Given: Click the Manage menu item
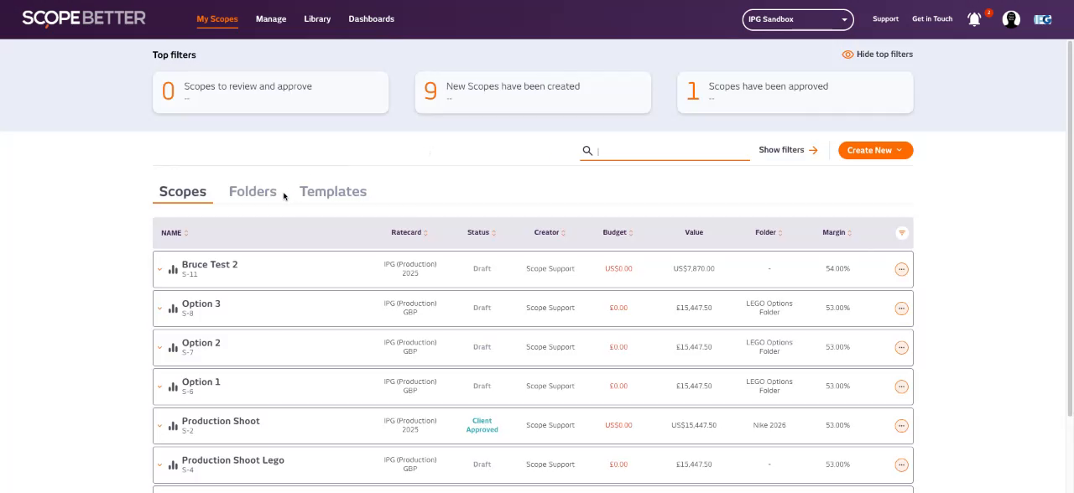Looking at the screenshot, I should [x=270, y=18].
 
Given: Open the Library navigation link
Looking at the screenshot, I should [x=317, y=18].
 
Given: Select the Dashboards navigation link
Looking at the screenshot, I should [x=371, y=18].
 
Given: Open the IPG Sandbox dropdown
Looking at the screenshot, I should [x=797, y=19].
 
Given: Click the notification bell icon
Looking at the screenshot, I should [x=974, y=19].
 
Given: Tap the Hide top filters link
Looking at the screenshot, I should [x=878, y=54].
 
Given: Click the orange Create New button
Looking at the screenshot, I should [x=875, y=150].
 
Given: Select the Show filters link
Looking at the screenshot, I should [x=787, y=150].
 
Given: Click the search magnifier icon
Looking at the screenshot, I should [x=587, y=151].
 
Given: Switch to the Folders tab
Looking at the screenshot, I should [x=253, y=191].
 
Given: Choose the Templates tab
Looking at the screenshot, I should [x=333, y=191].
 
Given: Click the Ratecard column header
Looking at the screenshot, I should [x=406, y=232].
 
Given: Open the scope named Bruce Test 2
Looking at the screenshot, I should [x=210, y=264].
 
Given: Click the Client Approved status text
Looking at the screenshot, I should [x=482, y=425].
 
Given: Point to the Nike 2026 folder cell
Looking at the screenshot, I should [x=769, y=425].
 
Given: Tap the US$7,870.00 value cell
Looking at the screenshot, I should [x=694, y=269].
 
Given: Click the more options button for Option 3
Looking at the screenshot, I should [x=901, y=309].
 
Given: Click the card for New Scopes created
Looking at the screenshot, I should [x=533, y=91].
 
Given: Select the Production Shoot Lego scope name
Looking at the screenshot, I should [x=233, y=460].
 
